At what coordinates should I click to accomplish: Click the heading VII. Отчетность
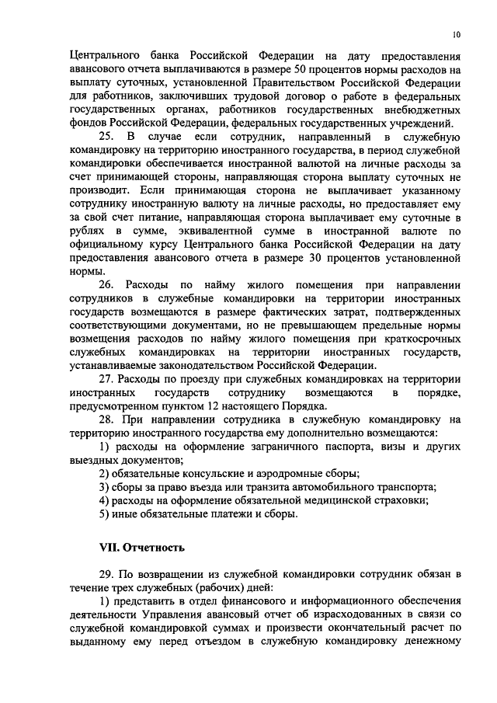142,547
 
